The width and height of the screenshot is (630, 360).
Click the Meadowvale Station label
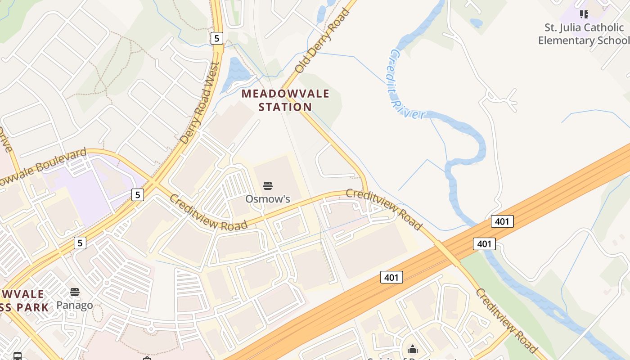coord(285,100)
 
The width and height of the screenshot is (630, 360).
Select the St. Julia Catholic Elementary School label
coord(584,34)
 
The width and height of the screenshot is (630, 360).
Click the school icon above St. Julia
coord(584,14)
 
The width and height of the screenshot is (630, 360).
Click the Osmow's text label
coord(267,198)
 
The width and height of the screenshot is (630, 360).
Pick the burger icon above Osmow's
coord(267,186)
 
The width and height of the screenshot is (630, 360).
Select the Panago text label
coord(75,305)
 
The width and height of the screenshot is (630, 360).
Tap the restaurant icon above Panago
coord(75,292)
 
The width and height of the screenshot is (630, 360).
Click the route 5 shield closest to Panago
coord(80,243)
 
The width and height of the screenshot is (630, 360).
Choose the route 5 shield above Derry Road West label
coord(217,38)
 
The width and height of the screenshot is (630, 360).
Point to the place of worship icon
coord(413,349)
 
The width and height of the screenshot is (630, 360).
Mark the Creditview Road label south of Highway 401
coord(506,320)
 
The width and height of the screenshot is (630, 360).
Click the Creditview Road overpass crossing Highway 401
coord(446,253)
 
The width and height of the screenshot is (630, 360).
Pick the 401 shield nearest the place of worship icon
coord(391,277)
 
